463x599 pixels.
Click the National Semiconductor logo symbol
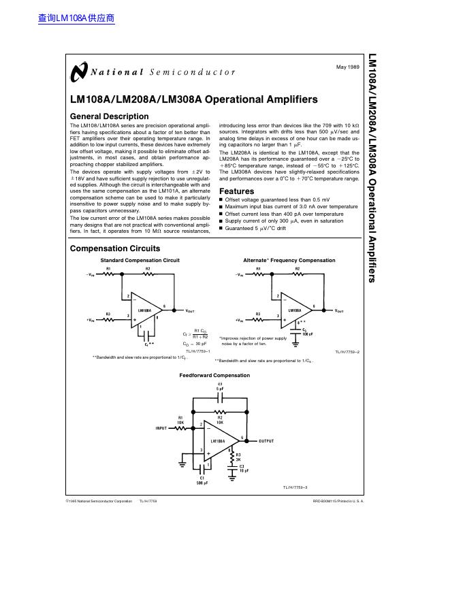[78, 71]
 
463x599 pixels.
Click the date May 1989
[348, 67]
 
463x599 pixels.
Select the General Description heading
[109, 116]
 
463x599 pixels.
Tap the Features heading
[236, 191]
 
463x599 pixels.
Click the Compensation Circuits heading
[115, 248]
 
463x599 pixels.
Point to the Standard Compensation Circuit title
[140, 261]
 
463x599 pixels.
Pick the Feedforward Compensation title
[214, 375]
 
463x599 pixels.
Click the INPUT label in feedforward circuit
[161, 428]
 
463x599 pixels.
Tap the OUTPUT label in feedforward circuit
[266, 441]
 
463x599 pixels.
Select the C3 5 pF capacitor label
[220, 387]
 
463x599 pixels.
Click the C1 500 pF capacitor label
[202, 480]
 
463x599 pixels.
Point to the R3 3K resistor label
[238, 457]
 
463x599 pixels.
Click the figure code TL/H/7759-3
[296, 488]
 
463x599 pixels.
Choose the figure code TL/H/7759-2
[347, 351]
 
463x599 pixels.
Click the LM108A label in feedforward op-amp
[218, 441]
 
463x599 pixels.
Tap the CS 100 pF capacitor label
[307, 331]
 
